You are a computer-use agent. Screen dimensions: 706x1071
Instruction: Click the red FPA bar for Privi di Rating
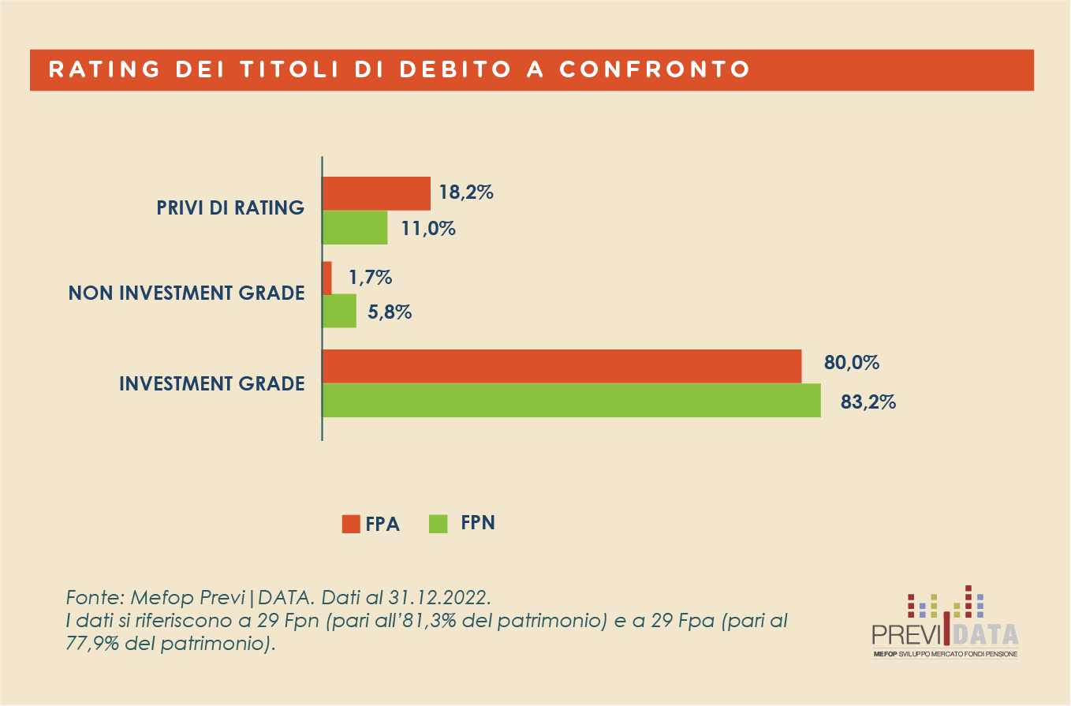point(376,193)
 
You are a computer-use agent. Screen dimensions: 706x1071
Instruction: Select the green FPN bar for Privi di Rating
point(355,228)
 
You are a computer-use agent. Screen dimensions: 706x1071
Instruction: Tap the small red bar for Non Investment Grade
point(327,278)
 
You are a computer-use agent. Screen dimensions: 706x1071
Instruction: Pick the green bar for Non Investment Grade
point(339,311)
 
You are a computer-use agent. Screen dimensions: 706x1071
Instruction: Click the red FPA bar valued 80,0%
point(562,366)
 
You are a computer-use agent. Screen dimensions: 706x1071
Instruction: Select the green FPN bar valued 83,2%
point(571,400)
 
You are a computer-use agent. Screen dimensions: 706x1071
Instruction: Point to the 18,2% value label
point(466,192)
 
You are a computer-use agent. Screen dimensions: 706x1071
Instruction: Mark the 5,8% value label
point(390,312)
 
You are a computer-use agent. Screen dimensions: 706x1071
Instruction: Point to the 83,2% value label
point(868,402)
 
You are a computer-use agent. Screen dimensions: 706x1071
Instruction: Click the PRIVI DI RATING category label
point(229,208)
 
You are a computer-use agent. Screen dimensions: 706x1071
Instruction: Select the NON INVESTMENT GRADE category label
point(186,293)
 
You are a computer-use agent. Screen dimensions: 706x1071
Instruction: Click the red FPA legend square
point(351,524)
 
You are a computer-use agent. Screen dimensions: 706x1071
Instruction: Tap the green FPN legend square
point(438,523)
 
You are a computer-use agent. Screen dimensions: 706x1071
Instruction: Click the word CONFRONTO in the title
point(654,69)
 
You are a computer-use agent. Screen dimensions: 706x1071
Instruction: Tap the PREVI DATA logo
point(945,624)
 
